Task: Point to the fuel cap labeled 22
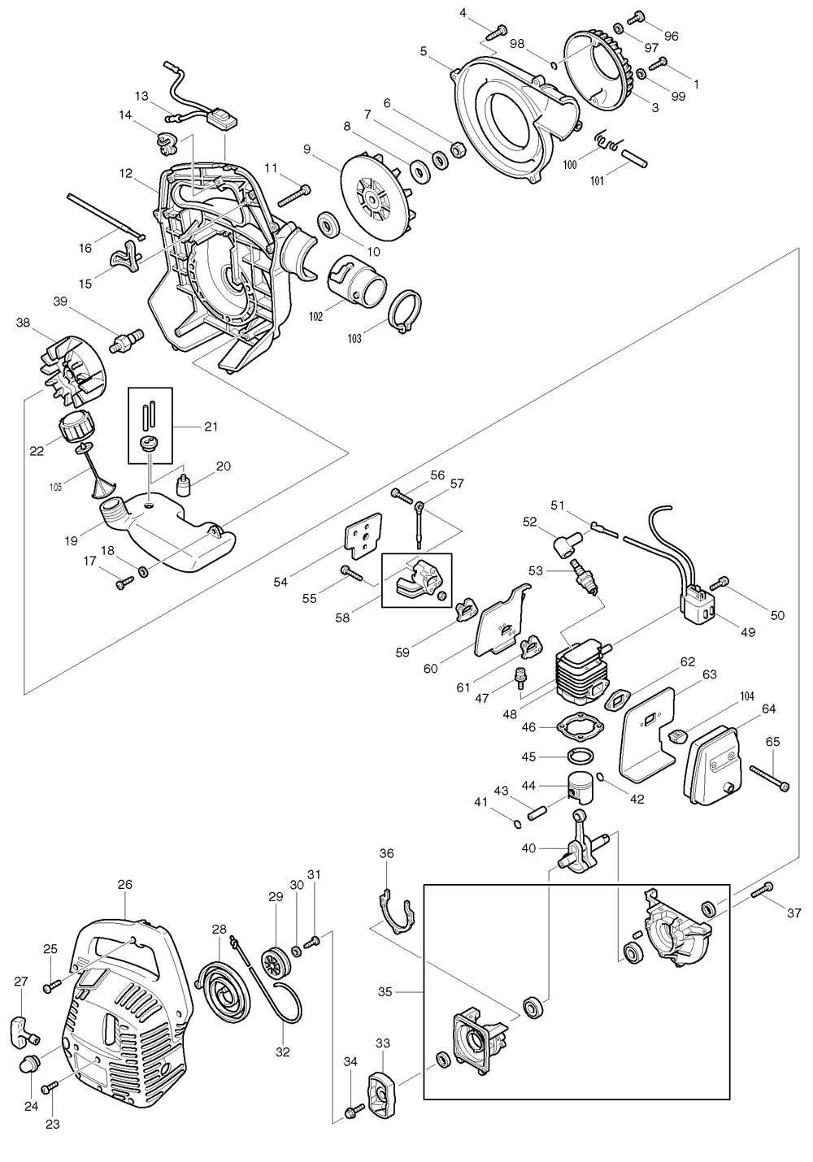(x=75, y=426)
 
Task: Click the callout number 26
(x=124, y=884)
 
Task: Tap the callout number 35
(x=385, y=991)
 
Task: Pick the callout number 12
(x=125, y=172)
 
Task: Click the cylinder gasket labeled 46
(x=579, y=726)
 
